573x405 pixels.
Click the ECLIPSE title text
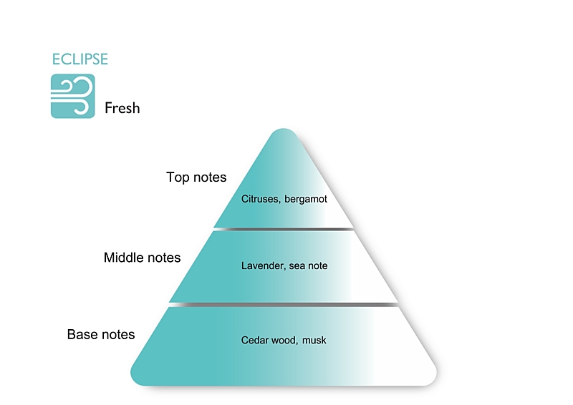80,59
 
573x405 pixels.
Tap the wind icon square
72,96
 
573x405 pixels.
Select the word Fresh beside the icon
122,109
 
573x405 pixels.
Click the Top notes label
196,177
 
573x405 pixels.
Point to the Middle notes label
142,258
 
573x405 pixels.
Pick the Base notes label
101,334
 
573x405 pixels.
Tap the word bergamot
306,199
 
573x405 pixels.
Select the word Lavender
263,265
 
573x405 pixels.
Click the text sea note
309,265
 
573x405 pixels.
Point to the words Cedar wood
269,340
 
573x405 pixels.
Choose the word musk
314,340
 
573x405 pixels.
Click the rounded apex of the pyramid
284,133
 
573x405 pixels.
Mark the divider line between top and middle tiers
284,229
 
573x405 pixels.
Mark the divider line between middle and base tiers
284,305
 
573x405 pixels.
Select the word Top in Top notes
177,177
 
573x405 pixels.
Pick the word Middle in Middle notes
123,258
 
